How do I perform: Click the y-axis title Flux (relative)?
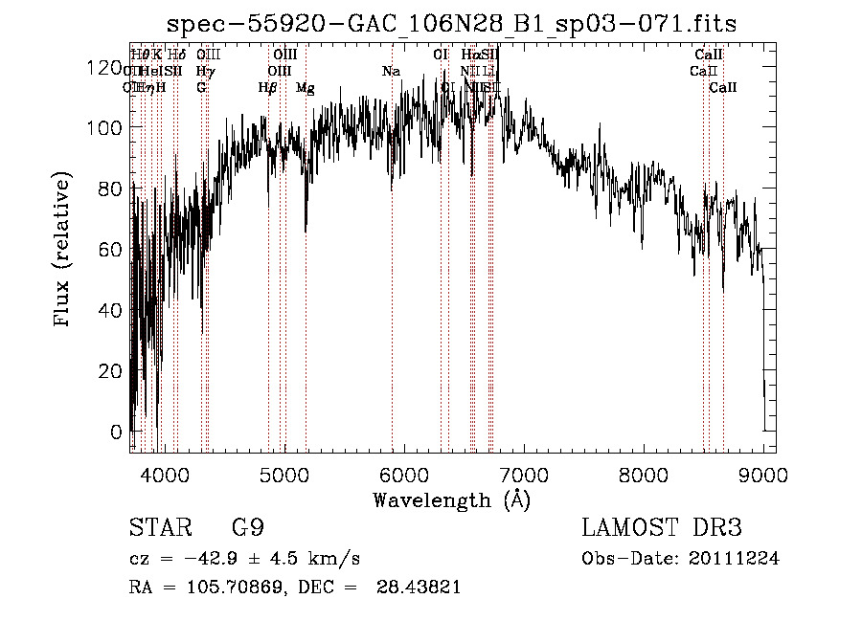point(63,251)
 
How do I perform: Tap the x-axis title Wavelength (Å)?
point(451,500)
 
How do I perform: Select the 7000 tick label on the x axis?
point(524,475)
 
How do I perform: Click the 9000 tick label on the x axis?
point(763,475)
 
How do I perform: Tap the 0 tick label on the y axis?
point(116,432)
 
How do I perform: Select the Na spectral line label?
point(390,72)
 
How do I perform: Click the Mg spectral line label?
point(305,88)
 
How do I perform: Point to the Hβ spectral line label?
point(267,88)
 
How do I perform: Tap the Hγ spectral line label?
point(204,72)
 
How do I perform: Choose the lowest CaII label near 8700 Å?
point(722,88)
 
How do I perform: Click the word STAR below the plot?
point(159,529)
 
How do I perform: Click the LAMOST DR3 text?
point(662,529)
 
